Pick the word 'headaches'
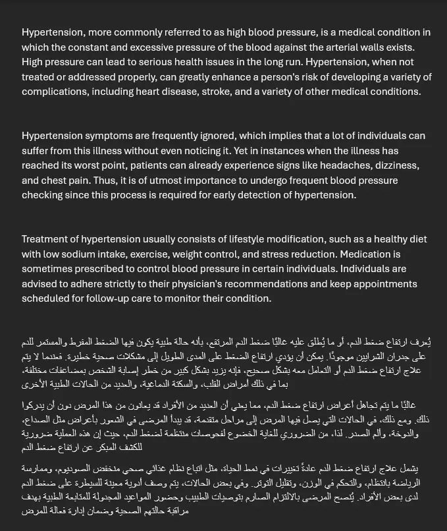324,165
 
